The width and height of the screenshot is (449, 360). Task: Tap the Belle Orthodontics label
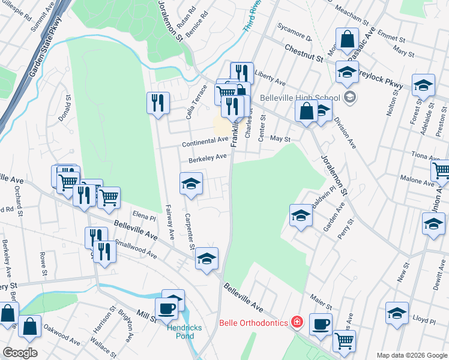coord(254,322)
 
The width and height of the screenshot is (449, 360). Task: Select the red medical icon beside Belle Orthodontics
coord(297,322)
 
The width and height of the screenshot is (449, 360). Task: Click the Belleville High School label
coord(300,98)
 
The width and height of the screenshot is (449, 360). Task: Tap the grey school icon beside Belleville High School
coord(351,98)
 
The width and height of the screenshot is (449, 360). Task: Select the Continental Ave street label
coord(206,141)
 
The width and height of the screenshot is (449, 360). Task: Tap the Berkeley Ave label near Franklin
coord(207,158)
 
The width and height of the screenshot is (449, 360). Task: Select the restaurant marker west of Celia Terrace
coord(158,103)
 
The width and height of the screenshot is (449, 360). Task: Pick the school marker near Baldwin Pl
coord(301,215)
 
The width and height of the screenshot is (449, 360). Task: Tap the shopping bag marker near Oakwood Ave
coord(29,327)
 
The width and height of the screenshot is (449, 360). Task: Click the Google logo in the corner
coord(20,352)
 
